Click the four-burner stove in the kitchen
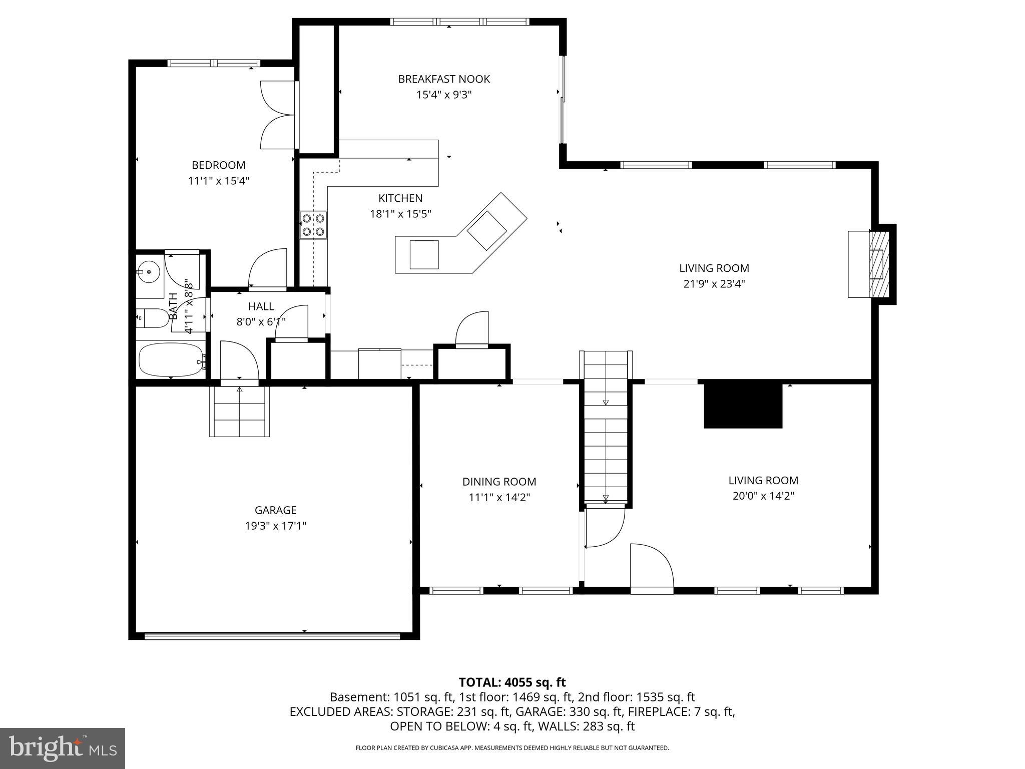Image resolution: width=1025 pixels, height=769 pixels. (x=313, y=225)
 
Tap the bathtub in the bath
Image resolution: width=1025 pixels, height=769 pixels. (x=171, y=359)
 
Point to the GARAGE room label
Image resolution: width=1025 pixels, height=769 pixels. (x=275, y=510)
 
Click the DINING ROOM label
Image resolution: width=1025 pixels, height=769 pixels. (x=499, y=482)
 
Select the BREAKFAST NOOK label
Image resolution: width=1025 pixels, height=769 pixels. (x=444, y=79)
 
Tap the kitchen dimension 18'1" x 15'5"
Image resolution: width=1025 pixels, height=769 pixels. (x=400, y=214)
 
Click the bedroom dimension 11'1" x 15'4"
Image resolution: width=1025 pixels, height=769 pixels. (x=219, y=181)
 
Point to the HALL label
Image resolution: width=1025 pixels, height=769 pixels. (x=261, y=306)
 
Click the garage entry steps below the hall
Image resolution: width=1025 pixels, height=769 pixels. (x=240, y=411)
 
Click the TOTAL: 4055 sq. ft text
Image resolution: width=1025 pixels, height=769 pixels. (x=512, y=682)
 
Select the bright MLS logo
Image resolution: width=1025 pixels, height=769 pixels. (x=62, y=748)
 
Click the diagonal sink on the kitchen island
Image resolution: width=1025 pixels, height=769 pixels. (x=487, y=231)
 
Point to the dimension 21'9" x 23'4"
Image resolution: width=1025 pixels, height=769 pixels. (x=714, y=284)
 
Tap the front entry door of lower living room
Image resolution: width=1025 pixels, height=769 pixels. (x=652, y=569)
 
